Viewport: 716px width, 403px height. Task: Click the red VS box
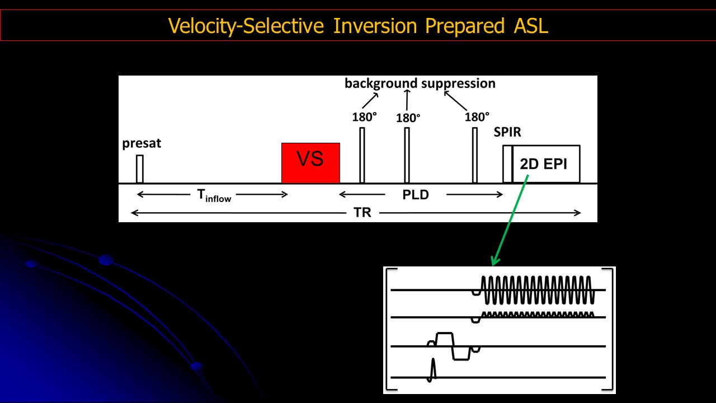click(x=310, y=162)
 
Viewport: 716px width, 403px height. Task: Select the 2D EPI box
click(x=546, y=164)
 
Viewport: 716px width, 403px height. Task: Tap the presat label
click(x=142, y=143)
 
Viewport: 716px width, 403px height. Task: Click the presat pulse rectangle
click(x=140, y=168)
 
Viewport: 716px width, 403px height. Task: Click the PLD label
click(x=416, y=195)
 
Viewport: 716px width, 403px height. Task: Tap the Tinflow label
click(x=214, y=196)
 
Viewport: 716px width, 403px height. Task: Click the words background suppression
click(x=420, y=83)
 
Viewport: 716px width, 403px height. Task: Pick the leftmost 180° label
click(x=364, y=117)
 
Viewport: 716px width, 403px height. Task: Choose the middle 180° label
click(x=408, y=118)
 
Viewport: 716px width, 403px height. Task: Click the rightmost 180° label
click(x=477, y=117)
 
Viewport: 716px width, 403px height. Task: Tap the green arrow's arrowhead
click(x=493, y=262)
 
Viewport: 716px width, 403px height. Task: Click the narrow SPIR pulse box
click(x=507, y=163)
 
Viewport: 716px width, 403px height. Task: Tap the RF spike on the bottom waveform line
click(x=432, y=370)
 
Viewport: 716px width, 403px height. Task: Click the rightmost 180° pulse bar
click(x=475, y=155)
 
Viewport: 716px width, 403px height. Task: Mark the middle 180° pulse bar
click(x=407, y=155)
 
